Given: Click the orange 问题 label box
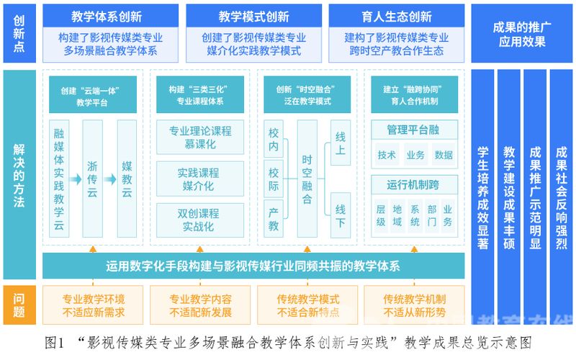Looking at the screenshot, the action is (x=19, y=305).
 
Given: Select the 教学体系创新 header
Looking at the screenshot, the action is (x=111, y=16).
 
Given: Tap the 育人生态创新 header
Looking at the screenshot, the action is (x=397, y=16).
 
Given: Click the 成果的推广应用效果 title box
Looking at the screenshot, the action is (x=522, y=33).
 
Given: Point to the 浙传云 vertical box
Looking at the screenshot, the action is (x=93, y=179).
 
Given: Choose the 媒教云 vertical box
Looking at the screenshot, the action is (x=127, y=179).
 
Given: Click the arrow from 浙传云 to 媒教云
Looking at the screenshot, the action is (x=110, y=179).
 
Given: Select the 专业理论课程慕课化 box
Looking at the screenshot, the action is (x=200, y=137).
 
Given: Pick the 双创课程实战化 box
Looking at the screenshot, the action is (x=200, y=220).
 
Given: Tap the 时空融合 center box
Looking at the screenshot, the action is (x=307, y=179).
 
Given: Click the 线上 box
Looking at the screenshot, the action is (x=341, y=143).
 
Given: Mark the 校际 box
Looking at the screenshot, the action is (x=274, y=179).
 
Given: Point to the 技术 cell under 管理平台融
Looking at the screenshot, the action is (x=387, y=155).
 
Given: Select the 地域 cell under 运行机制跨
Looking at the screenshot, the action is (x=397, y=215).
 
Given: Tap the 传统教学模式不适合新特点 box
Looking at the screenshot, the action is (x=307, y=305).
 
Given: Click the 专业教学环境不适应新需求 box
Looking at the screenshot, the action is (x=93, y=305).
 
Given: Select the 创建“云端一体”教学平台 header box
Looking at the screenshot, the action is (x=93, y=94).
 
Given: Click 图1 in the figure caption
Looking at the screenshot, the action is (x=55, y=343).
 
